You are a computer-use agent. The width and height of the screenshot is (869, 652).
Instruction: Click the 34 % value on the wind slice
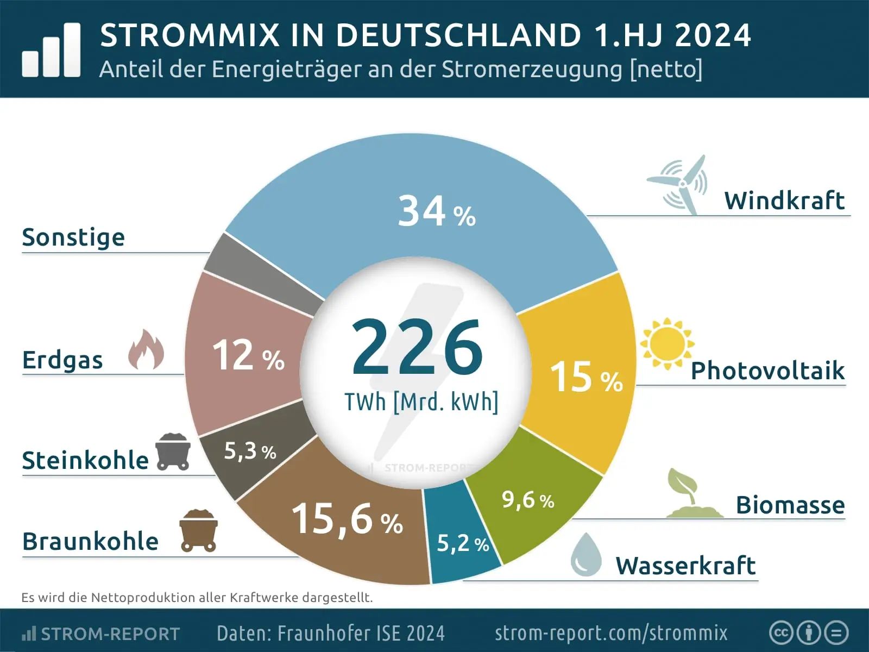pos(436,212)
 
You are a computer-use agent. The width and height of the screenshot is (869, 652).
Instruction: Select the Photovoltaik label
pos(767,371)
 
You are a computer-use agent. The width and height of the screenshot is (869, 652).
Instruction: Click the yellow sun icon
pos(666,344)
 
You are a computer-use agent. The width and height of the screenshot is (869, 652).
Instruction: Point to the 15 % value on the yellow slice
pos(586,377)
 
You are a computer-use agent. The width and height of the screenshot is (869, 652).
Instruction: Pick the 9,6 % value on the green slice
pos(527,499)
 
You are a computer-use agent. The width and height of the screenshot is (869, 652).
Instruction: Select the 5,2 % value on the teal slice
pos(463,543)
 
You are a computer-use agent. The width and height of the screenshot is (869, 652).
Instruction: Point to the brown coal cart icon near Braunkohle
pos(199,530)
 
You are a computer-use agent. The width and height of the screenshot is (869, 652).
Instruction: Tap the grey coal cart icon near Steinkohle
pos(173,452)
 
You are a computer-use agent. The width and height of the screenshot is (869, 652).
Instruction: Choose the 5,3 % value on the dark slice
pos(250,450)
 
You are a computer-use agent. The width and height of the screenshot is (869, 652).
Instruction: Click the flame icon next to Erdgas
pos(146,350)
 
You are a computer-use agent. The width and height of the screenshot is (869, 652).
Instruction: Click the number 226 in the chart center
pos(417,348)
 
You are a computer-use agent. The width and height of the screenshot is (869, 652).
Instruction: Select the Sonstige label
pos(73,237)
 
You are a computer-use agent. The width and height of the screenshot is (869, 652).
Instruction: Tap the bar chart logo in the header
pos(51,50)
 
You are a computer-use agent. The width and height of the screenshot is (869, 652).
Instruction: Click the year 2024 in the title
pos(713,35)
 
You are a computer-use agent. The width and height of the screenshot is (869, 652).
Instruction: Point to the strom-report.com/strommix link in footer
pos(610,633)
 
